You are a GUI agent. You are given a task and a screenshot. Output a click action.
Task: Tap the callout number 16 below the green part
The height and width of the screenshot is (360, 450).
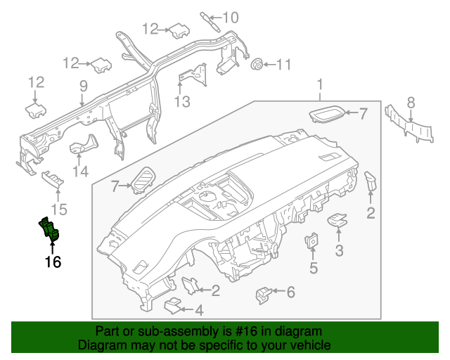point(53,262)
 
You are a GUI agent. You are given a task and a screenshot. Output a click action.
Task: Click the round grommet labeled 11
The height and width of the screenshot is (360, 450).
point(257,65)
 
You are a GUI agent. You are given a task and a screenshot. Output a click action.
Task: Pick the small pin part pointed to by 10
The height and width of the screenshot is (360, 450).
point(210,18)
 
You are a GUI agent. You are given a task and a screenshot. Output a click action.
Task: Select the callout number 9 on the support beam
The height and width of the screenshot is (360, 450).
point(83,86)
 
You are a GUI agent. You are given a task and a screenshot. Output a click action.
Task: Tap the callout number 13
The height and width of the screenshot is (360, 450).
point(182,102)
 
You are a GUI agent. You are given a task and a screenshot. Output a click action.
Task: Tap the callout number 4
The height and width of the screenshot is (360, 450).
point(199,309)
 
